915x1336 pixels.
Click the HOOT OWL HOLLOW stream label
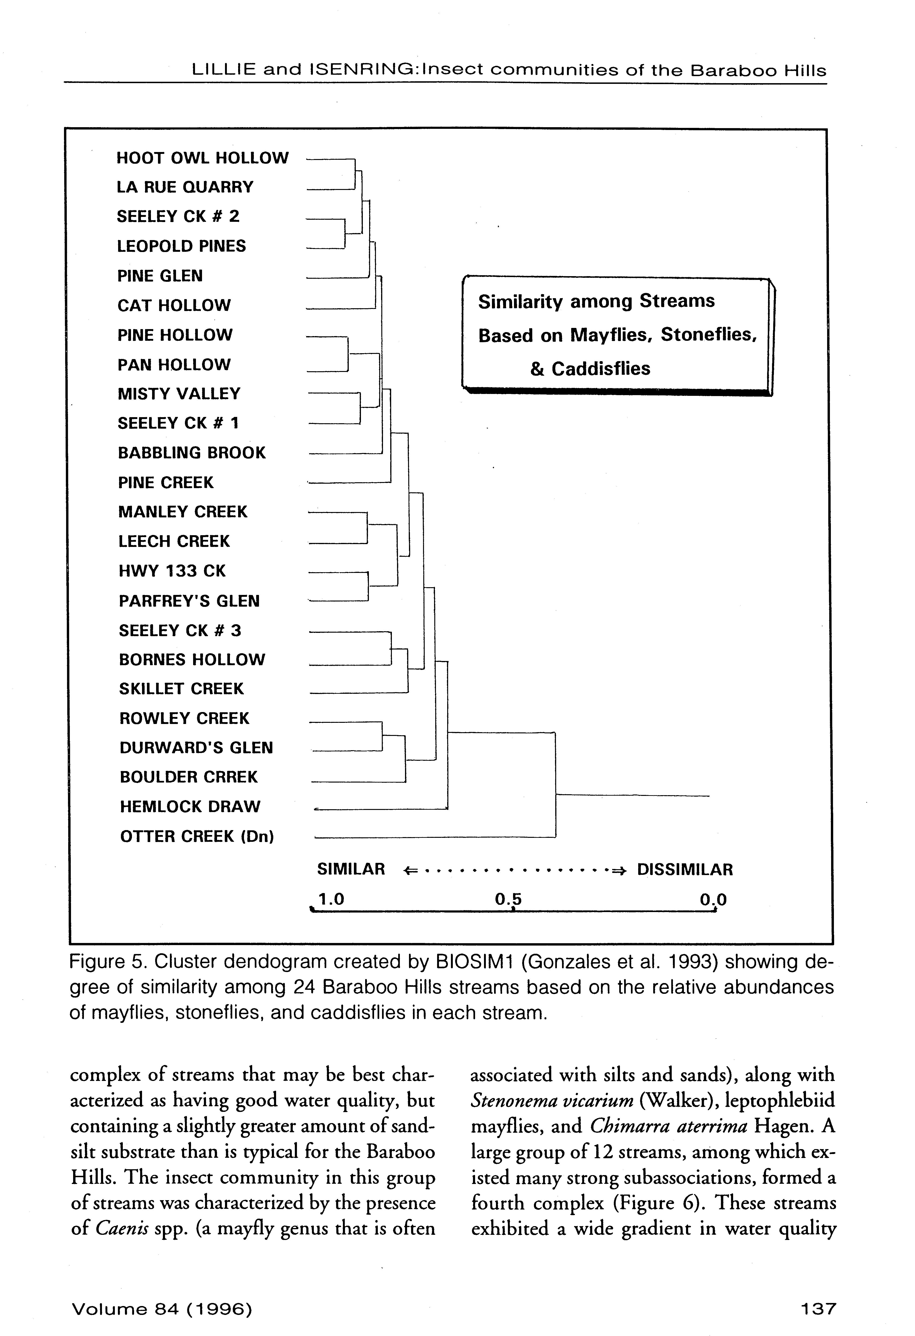click(202, 158)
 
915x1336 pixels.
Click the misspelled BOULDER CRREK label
click(189, 777)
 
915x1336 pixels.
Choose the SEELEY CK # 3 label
click(180, 631)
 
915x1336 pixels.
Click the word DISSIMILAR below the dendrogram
click(685, 869)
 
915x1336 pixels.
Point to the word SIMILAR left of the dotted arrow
click(351, 869)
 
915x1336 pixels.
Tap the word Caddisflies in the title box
click(601, 368)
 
